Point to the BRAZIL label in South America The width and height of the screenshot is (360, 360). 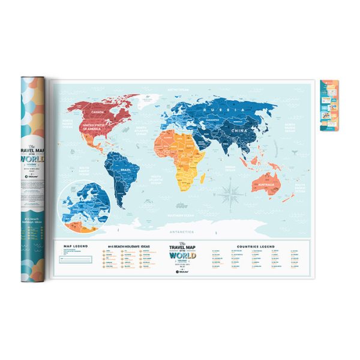click(x=126, y=170)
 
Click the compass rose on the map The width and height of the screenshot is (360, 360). click(x=229, y=193)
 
